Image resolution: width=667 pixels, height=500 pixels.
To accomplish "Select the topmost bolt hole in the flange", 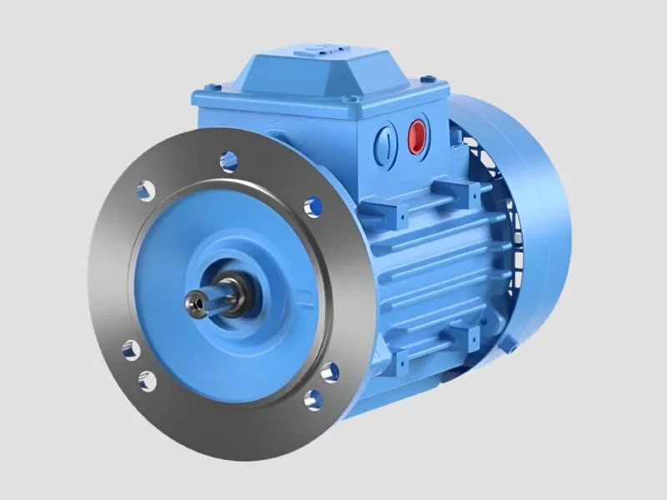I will click(228, 161).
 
